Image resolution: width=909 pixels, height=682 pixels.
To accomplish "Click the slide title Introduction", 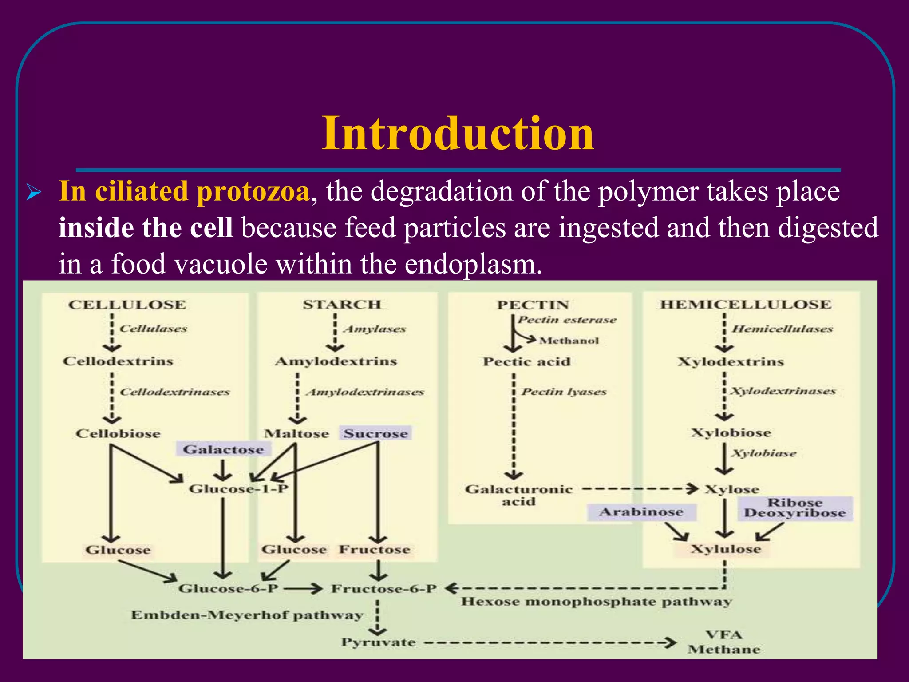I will (457, 133).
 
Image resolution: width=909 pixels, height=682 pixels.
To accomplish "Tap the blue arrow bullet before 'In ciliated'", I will (34, 194).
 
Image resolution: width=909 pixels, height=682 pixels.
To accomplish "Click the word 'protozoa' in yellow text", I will (253, 192).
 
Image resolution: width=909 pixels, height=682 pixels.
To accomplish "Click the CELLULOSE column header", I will (127, 305).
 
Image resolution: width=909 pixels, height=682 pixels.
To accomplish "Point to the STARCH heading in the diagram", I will (342, 305).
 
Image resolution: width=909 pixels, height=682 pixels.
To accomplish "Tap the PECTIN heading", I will (533, 305).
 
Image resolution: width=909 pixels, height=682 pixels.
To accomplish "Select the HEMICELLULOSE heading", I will (745, 305).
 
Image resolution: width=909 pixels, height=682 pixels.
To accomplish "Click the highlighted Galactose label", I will (223, 450).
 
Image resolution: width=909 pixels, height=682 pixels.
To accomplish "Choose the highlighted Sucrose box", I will (375, 433).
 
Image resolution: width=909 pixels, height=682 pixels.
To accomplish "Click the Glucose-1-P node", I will (238, 489).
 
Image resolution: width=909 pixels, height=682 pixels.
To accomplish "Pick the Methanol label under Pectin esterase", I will (569, 341).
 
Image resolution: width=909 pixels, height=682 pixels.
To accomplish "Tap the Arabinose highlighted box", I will (641, 512).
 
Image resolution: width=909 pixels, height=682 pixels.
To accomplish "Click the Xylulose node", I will (725, 549).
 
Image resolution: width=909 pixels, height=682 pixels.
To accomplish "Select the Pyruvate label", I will (378, 642).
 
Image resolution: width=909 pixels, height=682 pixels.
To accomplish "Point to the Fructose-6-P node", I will (384, 589).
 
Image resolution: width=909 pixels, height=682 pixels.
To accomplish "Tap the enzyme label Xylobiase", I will (764, 453).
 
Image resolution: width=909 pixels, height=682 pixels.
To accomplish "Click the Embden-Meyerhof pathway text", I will (247, 615).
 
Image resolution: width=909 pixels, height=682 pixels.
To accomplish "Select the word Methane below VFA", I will (724, 650).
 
